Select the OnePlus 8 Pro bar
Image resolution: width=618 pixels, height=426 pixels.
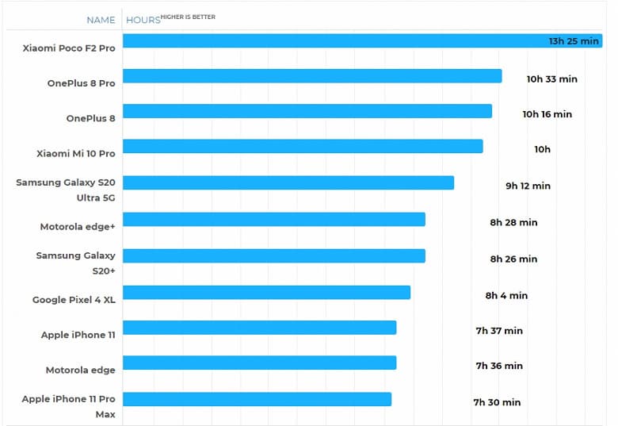(312, 76)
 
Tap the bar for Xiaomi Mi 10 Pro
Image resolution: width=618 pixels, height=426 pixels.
(303, 146)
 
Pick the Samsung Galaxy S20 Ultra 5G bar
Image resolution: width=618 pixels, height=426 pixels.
(288, 182)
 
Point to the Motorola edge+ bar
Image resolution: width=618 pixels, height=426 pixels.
(274, 219)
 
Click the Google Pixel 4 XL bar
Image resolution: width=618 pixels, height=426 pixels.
(266, 292)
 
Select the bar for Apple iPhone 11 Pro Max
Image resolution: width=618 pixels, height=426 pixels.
(257, 399)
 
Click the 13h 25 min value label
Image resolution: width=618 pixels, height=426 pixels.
(574, 41)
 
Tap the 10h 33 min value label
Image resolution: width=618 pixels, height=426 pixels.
(551, 79)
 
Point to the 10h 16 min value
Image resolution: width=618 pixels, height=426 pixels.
(547, 114)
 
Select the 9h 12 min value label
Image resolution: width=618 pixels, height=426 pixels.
(528, 186)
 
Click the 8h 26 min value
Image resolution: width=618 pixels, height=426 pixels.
(513, 259)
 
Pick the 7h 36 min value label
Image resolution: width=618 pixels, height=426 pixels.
(499, 366)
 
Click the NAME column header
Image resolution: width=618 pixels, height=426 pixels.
(101, 20)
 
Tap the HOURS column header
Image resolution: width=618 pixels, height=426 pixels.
(143, 20)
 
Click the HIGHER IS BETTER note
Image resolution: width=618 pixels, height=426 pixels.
(188, 17)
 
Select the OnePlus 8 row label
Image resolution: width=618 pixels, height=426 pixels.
(90, 118)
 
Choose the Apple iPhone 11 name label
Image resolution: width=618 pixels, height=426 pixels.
(78, 335)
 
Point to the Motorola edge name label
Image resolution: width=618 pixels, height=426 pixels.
(80, 370)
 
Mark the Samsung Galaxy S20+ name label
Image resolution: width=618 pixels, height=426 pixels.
(75, 263)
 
